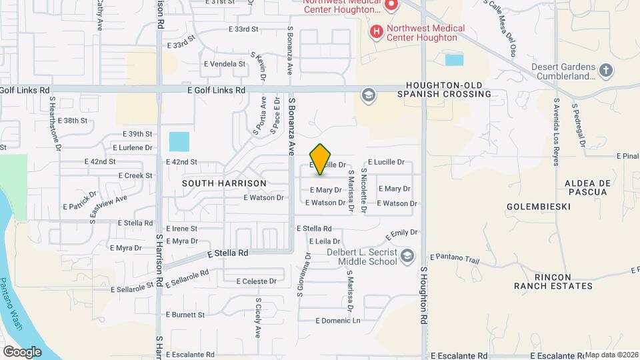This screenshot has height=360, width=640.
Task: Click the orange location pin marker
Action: pyautogui.click(x=321, y=159)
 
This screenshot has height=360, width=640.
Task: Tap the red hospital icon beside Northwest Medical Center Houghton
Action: pyautogui.click(x=377, y=31)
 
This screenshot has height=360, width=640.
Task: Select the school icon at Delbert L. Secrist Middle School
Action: pyautogui.click(x=407, y=256)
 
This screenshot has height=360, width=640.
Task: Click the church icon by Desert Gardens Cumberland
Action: pyautogui.click(x=605, y=69)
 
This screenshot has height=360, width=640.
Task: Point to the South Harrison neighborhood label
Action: pyautogui.click(x=225, y=183)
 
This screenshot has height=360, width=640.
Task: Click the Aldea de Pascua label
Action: pyautogui.click(x=586, y=187)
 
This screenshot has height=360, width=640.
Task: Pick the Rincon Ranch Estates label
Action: pyautogui.click(x=553, y=281)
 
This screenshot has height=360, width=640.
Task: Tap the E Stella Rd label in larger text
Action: pyautogui.click(x=227, y=253)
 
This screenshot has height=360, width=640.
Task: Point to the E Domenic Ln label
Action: pyautogui.click(x=337, y=321)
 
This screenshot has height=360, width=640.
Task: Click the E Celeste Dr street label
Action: pyautogui.click(x=250, y=281)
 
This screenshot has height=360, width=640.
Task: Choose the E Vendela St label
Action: pyautogui.click(x=225, y=64)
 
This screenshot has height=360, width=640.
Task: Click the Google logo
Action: pyautogui.click(x=22, y=351)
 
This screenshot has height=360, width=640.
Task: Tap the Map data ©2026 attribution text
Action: pyautogui.click(x=612, y=355)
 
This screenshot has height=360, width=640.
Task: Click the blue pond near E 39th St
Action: pyautogui.click(x=179, y=142)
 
